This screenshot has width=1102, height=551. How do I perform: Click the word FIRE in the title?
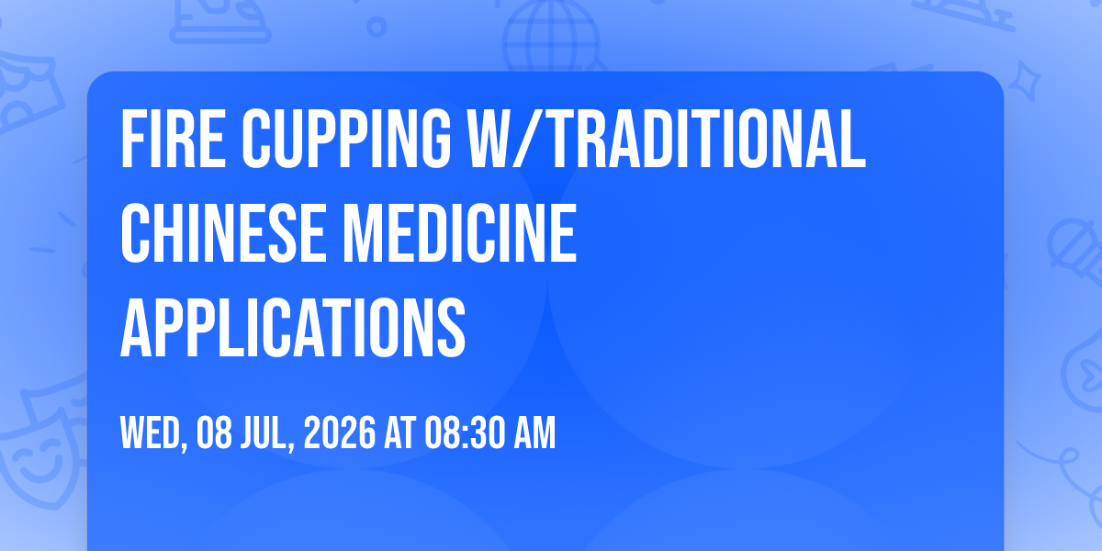coord(174,139)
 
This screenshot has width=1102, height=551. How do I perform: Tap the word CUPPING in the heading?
coord(346,139)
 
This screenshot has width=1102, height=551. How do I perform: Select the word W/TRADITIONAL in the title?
coord(666,139)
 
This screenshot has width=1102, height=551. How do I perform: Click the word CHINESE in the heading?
coord(224,233)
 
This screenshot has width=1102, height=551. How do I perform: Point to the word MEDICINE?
coord(459,233)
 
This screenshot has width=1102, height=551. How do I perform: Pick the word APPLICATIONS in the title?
coord(293,327)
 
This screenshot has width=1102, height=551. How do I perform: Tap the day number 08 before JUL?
coord(214,433)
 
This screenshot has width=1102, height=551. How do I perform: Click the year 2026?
coord(340,433)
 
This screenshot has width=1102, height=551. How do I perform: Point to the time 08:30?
coord(465,433)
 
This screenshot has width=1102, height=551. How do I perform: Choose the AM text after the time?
coord(534,433)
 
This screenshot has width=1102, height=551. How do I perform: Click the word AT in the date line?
coord(400,433)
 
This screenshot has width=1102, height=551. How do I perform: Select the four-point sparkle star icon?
coord(1024,81)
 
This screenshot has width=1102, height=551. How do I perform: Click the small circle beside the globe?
coord(377,27)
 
